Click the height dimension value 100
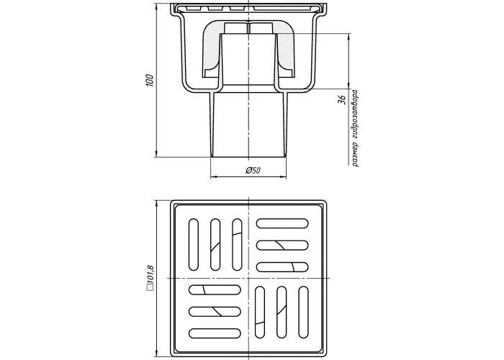[x=150, y=80]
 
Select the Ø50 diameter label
[x=253, y=171]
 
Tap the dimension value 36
[x=342, y=99]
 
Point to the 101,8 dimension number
[x=150, y=274]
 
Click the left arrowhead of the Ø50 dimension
[x=213, y=177]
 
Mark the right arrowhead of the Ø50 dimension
[x=284, y=177]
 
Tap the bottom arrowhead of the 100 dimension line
[x=156, y=154]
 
